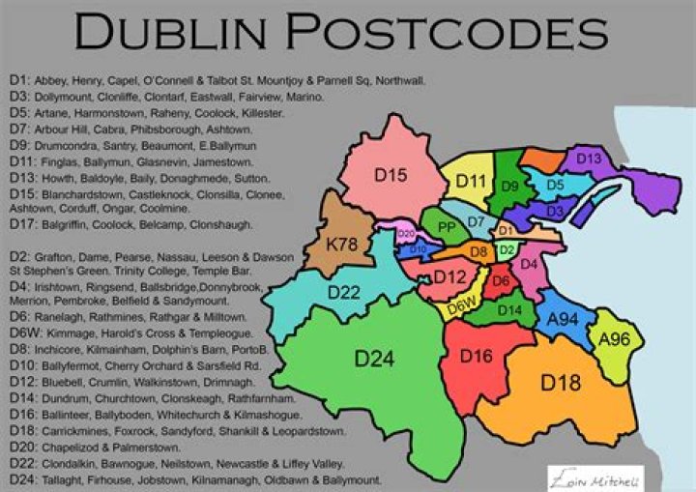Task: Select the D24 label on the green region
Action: tap(375, 360)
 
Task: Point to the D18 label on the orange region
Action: tap(560, 382)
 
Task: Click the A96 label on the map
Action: tap(614, 339)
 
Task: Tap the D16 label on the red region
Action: tap(476, 356)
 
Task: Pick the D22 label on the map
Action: tap(343, 293)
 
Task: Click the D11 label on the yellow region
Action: tap(471, 180)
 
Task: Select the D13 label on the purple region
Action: tap(589, 159)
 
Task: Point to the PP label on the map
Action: tap(447, 227)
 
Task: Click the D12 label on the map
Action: tap(449, 277)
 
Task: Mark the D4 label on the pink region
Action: tap(528, 264)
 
